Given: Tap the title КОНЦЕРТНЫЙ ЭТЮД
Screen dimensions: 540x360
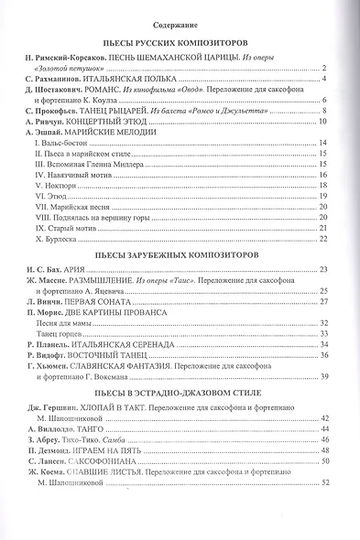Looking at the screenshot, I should coord(113,122).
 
